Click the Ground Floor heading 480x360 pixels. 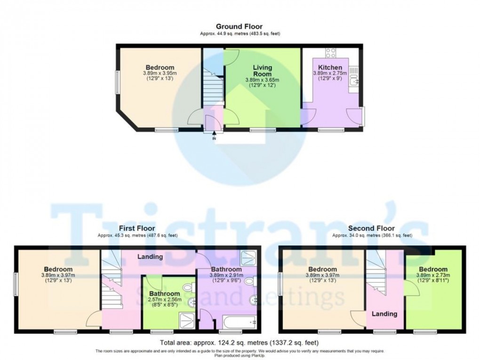click(x=239, y=27)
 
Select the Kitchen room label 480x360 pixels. click(x=330, y=67)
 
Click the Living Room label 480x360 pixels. click(x=262, y=71)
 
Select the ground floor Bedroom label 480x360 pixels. click(x=160, y=67)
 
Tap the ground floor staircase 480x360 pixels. click(x=211, y=89)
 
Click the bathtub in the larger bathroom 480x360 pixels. click(x=238, y=323)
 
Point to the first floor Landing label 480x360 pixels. click(x=150, y=257)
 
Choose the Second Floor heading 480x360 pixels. click(x=372, y=228)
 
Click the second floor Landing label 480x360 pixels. click(x=384, y=313)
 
